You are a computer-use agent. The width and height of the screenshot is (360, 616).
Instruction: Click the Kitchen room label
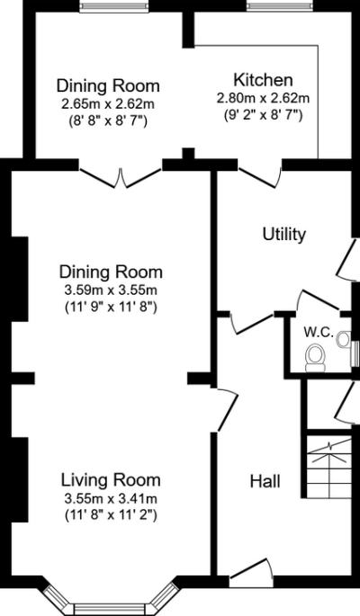point(263,79)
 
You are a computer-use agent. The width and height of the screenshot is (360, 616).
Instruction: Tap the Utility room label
point(283,235)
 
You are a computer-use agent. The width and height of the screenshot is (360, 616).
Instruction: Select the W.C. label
point(318,332)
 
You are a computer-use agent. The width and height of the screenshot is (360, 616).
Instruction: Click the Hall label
point(264,481)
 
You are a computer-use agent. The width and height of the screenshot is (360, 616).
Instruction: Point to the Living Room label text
point(111,478)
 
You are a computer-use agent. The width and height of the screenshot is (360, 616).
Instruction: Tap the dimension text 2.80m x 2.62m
point(263,97)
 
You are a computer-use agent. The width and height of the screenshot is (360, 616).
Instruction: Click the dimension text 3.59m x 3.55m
point(111,290)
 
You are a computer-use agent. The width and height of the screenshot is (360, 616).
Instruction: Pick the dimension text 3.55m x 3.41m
point(111,497)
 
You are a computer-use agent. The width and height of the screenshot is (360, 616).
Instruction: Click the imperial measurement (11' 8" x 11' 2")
point(111,515)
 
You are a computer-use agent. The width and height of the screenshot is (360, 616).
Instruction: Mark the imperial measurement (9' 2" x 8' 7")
point(263,114)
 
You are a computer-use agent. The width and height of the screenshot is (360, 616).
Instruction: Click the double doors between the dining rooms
point(121,177)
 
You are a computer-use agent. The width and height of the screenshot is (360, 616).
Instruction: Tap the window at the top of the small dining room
point(107,8)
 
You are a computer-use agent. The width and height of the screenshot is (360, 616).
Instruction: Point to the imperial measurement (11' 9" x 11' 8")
point(111,308)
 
